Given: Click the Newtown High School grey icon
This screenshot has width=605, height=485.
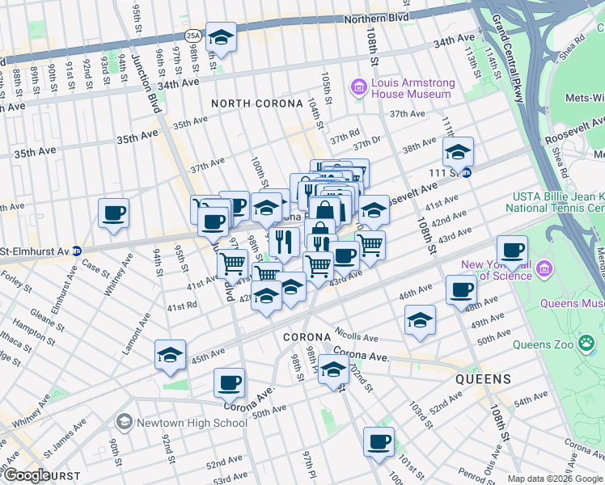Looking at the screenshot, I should (124, 422).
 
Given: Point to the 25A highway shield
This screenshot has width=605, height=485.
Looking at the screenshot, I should (192, 36).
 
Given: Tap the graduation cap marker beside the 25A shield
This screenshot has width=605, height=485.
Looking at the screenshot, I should (220, 37).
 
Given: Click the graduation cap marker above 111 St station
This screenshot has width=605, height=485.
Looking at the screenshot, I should (458, 152).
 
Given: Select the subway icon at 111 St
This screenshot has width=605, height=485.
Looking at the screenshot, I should (477, 171).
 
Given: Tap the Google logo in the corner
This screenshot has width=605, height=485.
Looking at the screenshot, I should (26, 475).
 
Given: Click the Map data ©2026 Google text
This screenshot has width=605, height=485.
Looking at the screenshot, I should (555, 479).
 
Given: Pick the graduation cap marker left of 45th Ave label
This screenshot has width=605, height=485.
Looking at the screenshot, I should (170, 355).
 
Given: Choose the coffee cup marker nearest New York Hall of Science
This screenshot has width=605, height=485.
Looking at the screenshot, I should (512, 251).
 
